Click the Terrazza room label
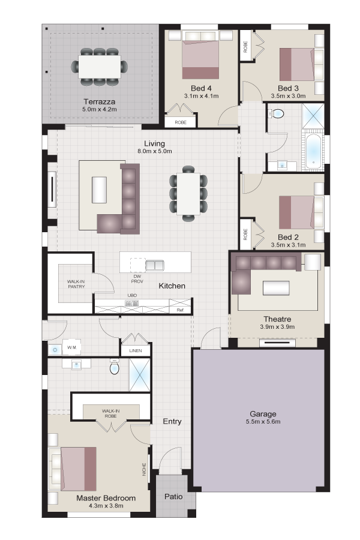pos(99,101)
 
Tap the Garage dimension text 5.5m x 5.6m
pos(263,422)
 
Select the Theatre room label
pos(277,319)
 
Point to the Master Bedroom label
pos(106,498)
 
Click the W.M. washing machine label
pos(71,347)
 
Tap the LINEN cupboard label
pos(136,350)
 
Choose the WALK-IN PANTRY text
pos(76,284)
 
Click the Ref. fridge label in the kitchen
pos(181,310)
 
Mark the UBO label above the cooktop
pos(132,295)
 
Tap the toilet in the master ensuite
pos(114,367)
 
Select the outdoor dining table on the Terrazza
pos(100,67)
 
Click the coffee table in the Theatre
pos(276,288)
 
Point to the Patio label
pos(173,497)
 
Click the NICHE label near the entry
pos(145,469)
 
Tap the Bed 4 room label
pos(201,88)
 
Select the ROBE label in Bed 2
pos(245,235)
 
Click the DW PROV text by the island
pos(137,279)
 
